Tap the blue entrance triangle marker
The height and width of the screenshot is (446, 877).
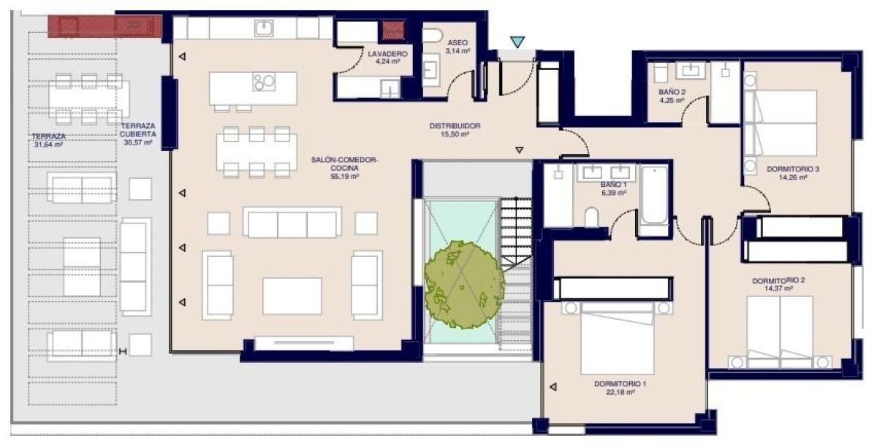pos(517,43)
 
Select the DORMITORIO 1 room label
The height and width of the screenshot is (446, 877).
pos(620,384)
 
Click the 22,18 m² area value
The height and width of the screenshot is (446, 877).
pos(620,393)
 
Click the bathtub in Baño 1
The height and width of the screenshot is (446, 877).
pos(652,199)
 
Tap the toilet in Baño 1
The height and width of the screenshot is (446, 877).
pos(591,215)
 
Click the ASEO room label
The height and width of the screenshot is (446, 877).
pos(458,43)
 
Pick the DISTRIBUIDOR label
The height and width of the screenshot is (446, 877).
pos(455,126)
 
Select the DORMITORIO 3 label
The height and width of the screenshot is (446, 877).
pos(793,169)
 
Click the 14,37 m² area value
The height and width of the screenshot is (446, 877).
pos(778,288)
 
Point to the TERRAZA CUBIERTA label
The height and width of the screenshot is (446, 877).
pos(137,130)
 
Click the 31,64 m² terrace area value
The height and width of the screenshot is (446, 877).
pos(49,145)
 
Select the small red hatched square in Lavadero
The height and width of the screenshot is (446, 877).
pos(394,31)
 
